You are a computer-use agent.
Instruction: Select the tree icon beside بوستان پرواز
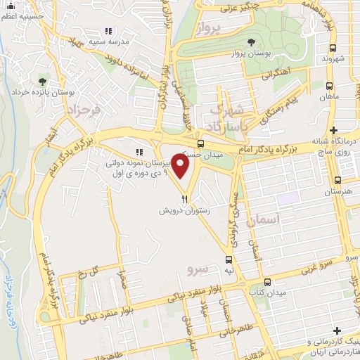click(x=252, y=42)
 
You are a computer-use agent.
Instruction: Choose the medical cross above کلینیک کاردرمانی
click(x=338, y=330)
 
